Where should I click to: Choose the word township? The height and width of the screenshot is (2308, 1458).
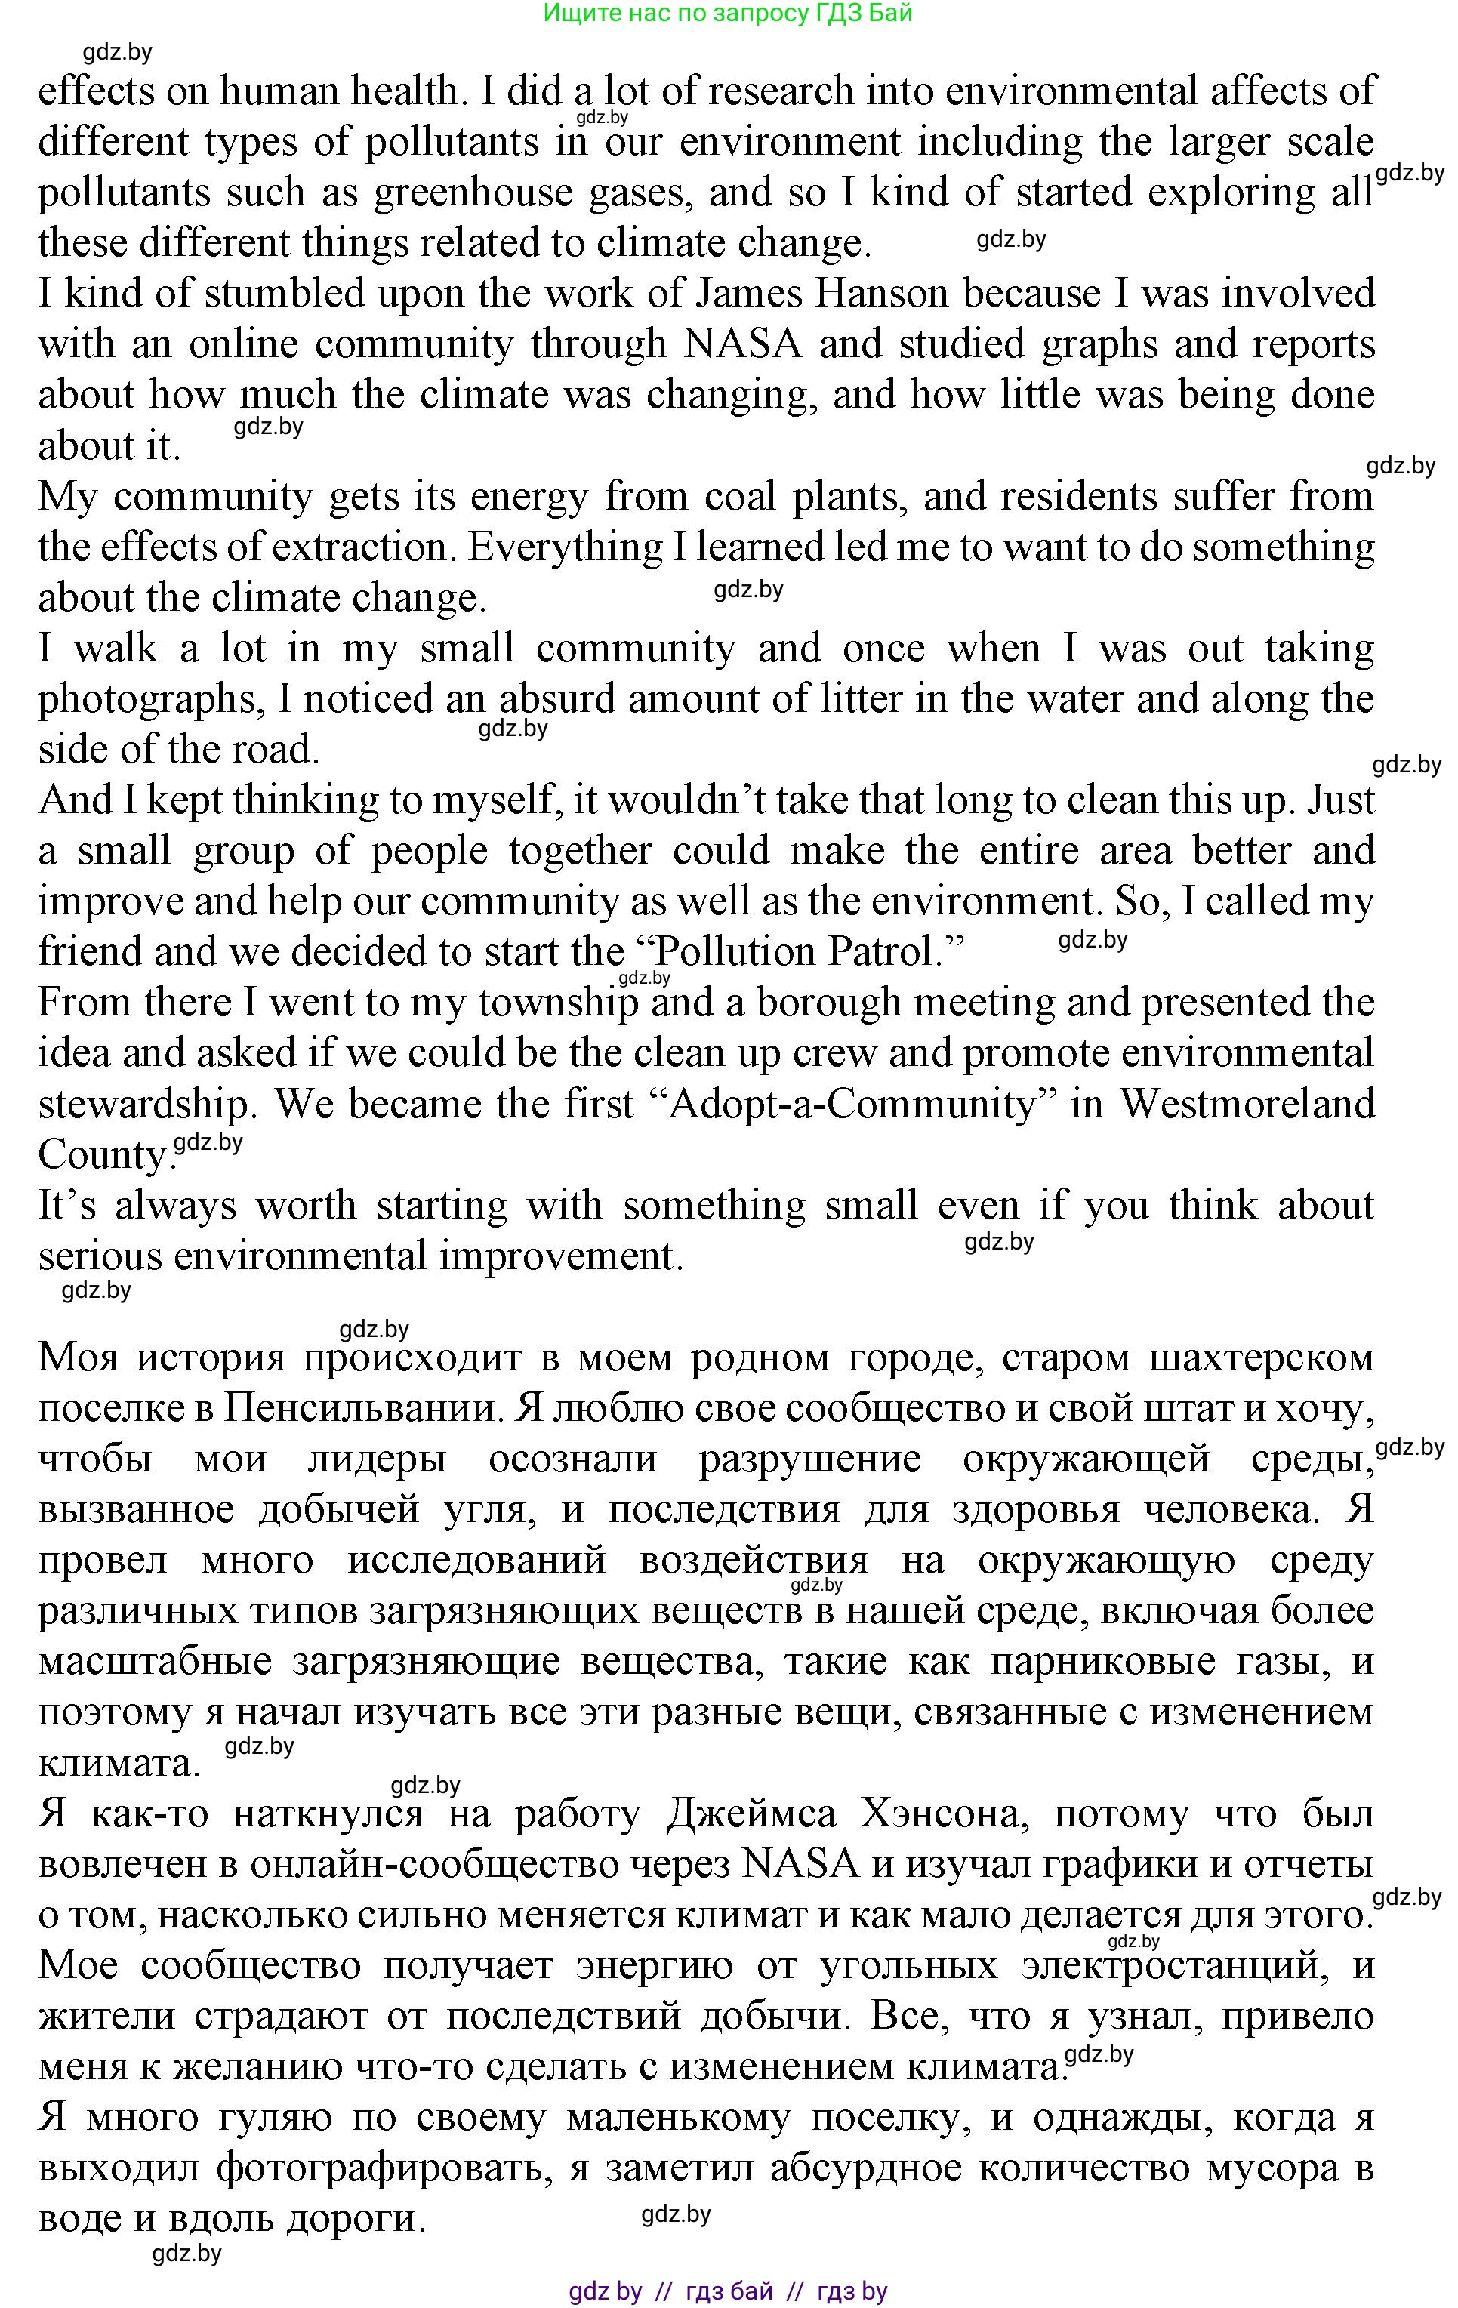point(558,1003)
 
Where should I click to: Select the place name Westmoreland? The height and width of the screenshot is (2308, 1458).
point(1247,1104)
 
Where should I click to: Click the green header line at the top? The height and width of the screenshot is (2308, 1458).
point(728,13)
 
